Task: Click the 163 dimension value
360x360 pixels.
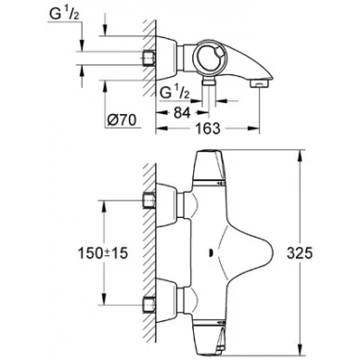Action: click(x=208, y=129)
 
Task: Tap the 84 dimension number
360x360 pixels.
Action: click(x=182, y=113)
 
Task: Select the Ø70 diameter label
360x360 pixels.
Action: click(x=122, y=120)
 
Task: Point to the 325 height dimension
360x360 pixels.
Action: click(x=300, y=253)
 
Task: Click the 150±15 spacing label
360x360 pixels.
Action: click(x=103, y=253)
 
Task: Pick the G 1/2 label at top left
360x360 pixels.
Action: click(x=64, y=15)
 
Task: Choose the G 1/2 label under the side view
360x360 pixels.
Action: click(x=174, y=93)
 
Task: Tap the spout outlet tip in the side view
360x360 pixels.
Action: click(x=259, y=84)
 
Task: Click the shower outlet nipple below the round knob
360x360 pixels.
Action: click(x=209, y=82)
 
